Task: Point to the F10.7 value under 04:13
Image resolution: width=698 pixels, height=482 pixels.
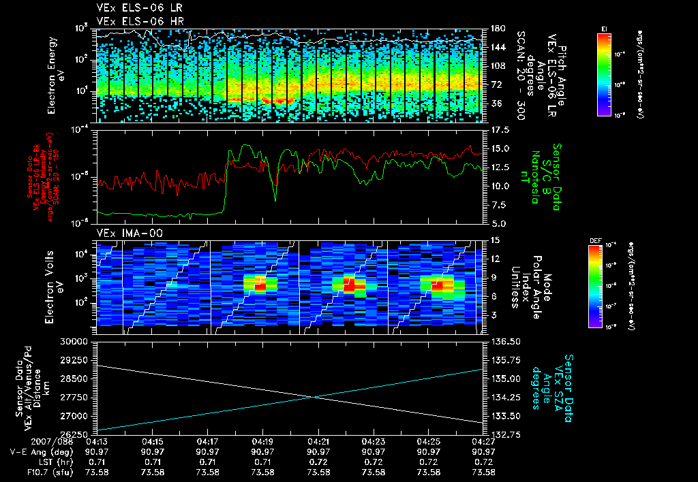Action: (97, 472)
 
